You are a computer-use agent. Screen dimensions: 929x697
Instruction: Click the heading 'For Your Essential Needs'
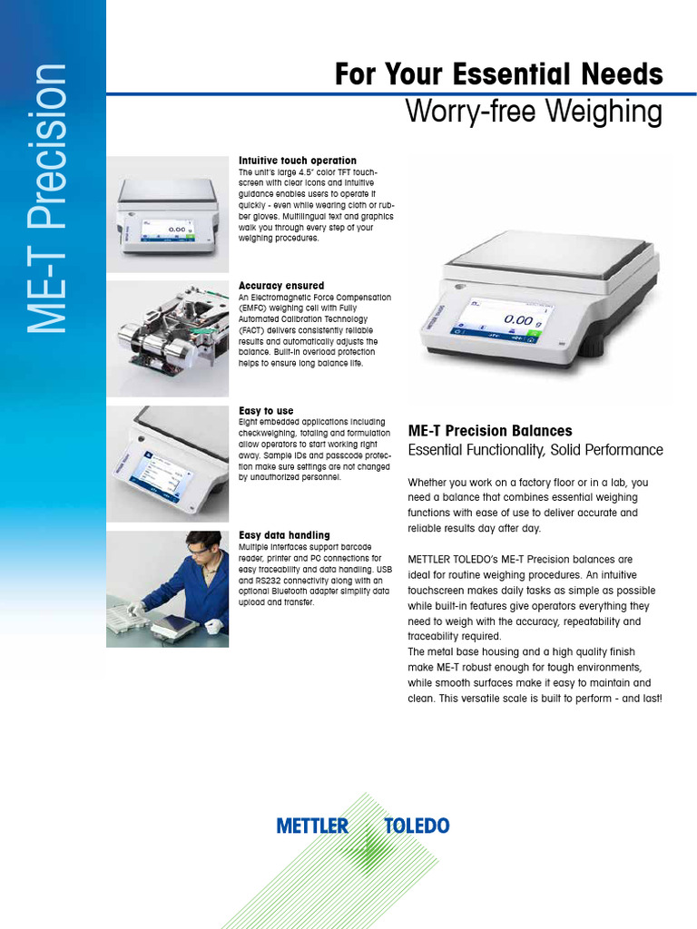498,73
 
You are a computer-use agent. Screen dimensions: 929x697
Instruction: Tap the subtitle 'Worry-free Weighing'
534,112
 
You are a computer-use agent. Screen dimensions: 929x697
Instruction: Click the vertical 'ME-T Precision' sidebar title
47,199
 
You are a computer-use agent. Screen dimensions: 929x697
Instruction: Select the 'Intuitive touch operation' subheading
297,161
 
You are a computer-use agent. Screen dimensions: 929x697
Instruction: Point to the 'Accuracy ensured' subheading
280,286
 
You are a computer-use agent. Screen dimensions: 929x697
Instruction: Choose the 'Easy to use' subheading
266,411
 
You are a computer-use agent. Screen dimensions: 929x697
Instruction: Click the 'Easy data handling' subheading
284,535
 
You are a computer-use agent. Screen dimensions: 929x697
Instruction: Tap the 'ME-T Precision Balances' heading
490,431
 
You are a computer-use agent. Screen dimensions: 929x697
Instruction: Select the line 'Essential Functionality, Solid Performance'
535,450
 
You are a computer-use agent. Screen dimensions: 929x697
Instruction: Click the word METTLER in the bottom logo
312,826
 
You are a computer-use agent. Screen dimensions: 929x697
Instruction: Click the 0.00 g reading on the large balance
520,319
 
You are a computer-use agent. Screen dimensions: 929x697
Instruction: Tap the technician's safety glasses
199,548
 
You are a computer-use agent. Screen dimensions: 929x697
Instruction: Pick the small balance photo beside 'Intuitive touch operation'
168,214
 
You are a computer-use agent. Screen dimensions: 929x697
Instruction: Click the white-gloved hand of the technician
214,625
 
